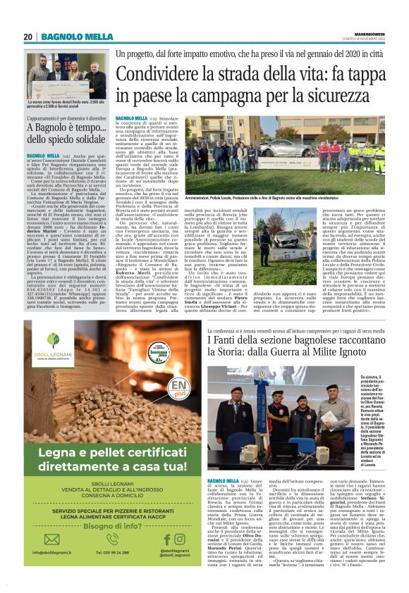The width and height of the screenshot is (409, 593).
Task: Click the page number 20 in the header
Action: [28, 37]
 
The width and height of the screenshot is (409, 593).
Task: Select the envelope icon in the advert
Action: [51, 539]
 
